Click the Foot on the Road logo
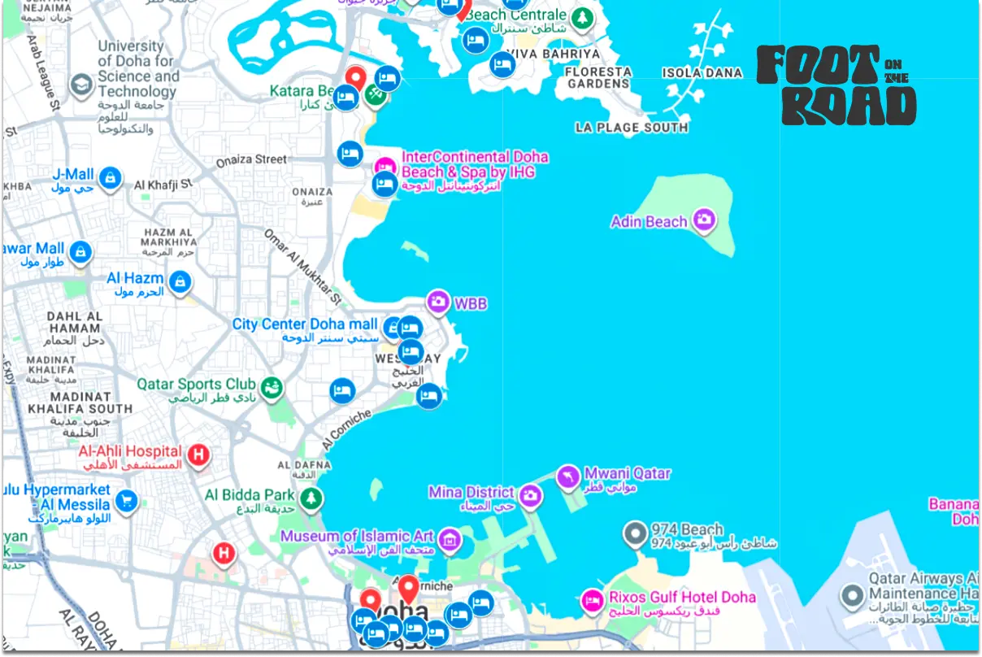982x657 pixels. click(x=836, y=85)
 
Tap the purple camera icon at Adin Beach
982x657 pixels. click(x=704, y=219)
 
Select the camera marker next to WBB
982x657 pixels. click(x=438, y=302)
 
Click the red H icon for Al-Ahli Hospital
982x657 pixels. click(x=198, y=455)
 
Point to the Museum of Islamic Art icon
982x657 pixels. click(x=448, y=538)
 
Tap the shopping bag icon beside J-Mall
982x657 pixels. click(x=111, y=176)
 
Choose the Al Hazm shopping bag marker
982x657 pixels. click(x=180, y=281)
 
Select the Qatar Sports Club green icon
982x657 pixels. click(x=272, y=385)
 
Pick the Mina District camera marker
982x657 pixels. click(x=530, y=494)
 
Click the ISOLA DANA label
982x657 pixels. click(x=702, y=73)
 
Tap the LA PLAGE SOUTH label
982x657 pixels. click(x=632, y=128)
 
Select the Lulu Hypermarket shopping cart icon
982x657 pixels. click(x=125, y=500)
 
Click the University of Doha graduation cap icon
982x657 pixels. click(x=80, y=84)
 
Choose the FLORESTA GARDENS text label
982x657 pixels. click(x=598, y=78)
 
